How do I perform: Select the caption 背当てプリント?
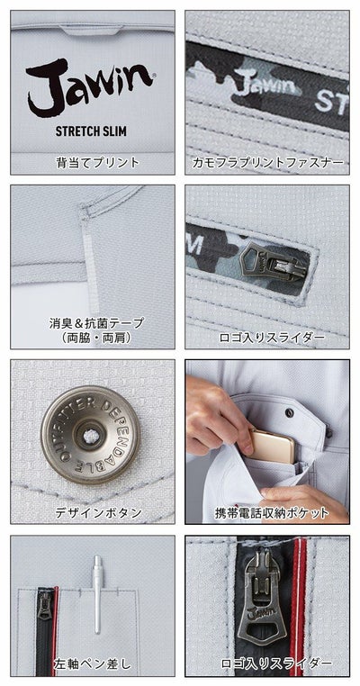pyautogui.click(x=93, y=163)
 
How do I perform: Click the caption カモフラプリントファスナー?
pyautogui.click(x=267, y=163)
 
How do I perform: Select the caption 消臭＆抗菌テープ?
pyautogui.click(x=93, y=322)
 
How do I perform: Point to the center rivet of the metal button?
pyautogui.click(x=92, y=435)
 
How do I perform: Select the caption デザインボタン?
pyautogui.click(x=93, y=512)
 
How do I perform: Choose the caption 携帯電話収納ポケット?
pyautogui.click(x=267, y=512)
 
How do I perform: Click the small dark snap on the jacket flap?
pyautogui.click(x=290, y=412)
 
